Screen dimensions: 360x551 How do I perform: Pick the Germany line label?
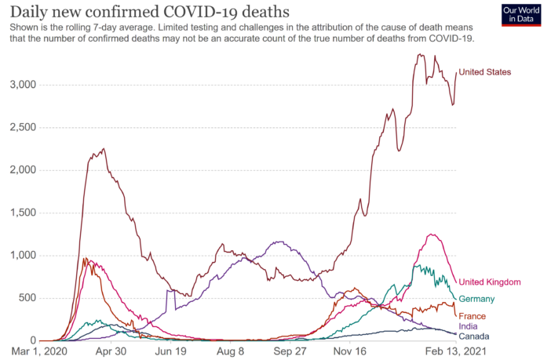tap(477, 299)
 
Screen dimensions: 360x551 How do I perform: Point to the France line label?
tap(472, 316)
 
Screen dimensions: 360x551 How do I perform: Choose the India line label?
tap(469, 326)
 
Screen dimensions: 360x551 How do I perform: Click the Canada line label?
tap(474, 336)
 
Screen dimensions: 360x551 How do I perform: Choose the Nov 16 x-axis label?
tap(350, 352)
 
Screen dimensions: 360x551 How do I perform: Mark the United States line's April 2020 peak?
tap(104, 149)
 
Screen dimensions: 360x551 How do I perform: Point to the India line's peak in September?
tap(278, 242)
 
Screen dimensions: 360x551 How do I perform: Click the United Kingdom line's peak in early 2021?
tap(430, 234)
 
